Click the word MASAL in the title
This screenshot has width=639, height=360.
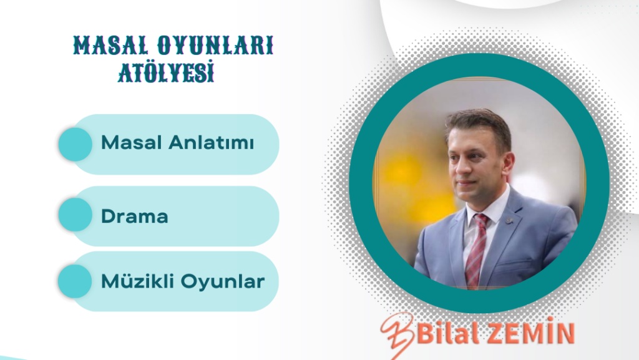[111, 45]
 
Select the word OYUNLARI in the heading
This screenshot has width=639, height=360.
[215, 45]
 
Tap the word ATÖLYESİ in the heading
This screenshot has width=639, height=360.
[166, 72]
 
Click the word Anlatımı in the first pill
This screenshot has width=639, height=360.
[211, 142]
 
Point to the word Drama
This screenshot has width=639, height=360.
[135, 216]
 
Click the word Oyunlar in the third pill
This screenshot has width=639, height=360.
[223, 282]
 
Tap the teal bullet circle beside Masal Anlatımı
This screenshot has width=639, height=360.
[76, 144]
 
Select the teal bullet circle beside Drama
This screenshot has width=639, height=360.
[76, 215]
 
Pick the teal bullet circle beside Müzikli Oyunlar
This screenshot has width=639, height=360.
[75, 281]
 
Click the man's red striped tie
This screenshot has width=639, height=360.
[476, 249]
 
